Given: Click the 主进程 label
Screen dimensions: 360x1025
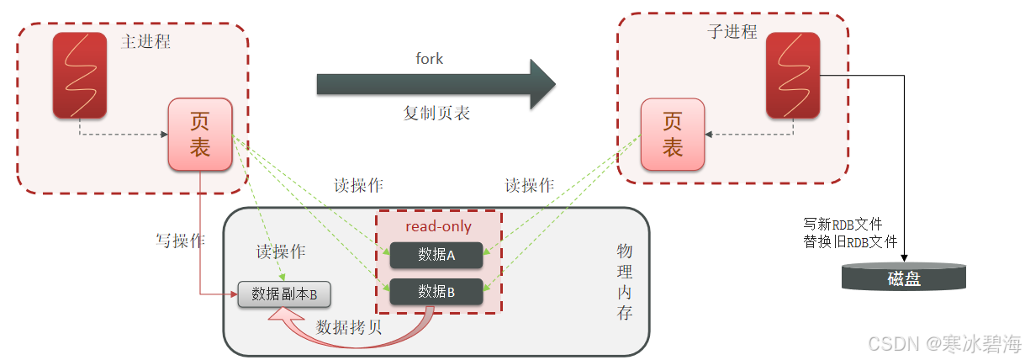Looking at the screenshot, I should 146,41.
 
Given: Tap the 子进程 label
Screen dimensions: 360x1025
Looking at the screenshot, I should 732,33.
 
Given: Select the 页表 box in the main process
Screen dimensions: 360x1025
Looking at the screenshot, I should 199,134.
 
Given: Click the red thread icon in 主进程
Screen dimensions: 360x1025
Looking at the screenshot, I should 79,75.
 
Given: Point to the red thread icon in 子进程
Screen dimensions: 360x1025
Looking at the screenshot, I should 792,75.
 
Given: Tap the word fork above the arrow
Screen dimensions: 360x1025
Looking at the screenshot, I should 429,59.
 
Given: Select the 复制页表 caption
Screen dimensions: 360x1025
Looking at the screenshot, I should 436,114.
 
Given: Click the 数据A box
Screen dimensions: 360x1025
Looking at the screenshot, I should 436,255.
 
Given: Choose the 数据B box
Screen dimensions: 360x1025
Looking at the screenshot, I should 436,291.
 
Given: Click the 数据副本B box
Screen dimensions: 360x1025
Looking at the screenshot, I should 284,294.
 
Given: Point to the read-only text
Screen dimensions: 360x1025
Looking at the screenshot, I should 438,227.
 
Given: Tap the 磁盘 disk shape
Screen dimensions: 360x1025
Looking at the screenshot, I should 904,278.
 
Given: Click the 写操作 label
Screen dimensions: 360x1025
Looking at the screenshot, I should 181,241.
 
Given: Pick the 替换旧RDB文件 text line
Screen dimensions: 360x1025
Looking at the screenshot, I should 850,241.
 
